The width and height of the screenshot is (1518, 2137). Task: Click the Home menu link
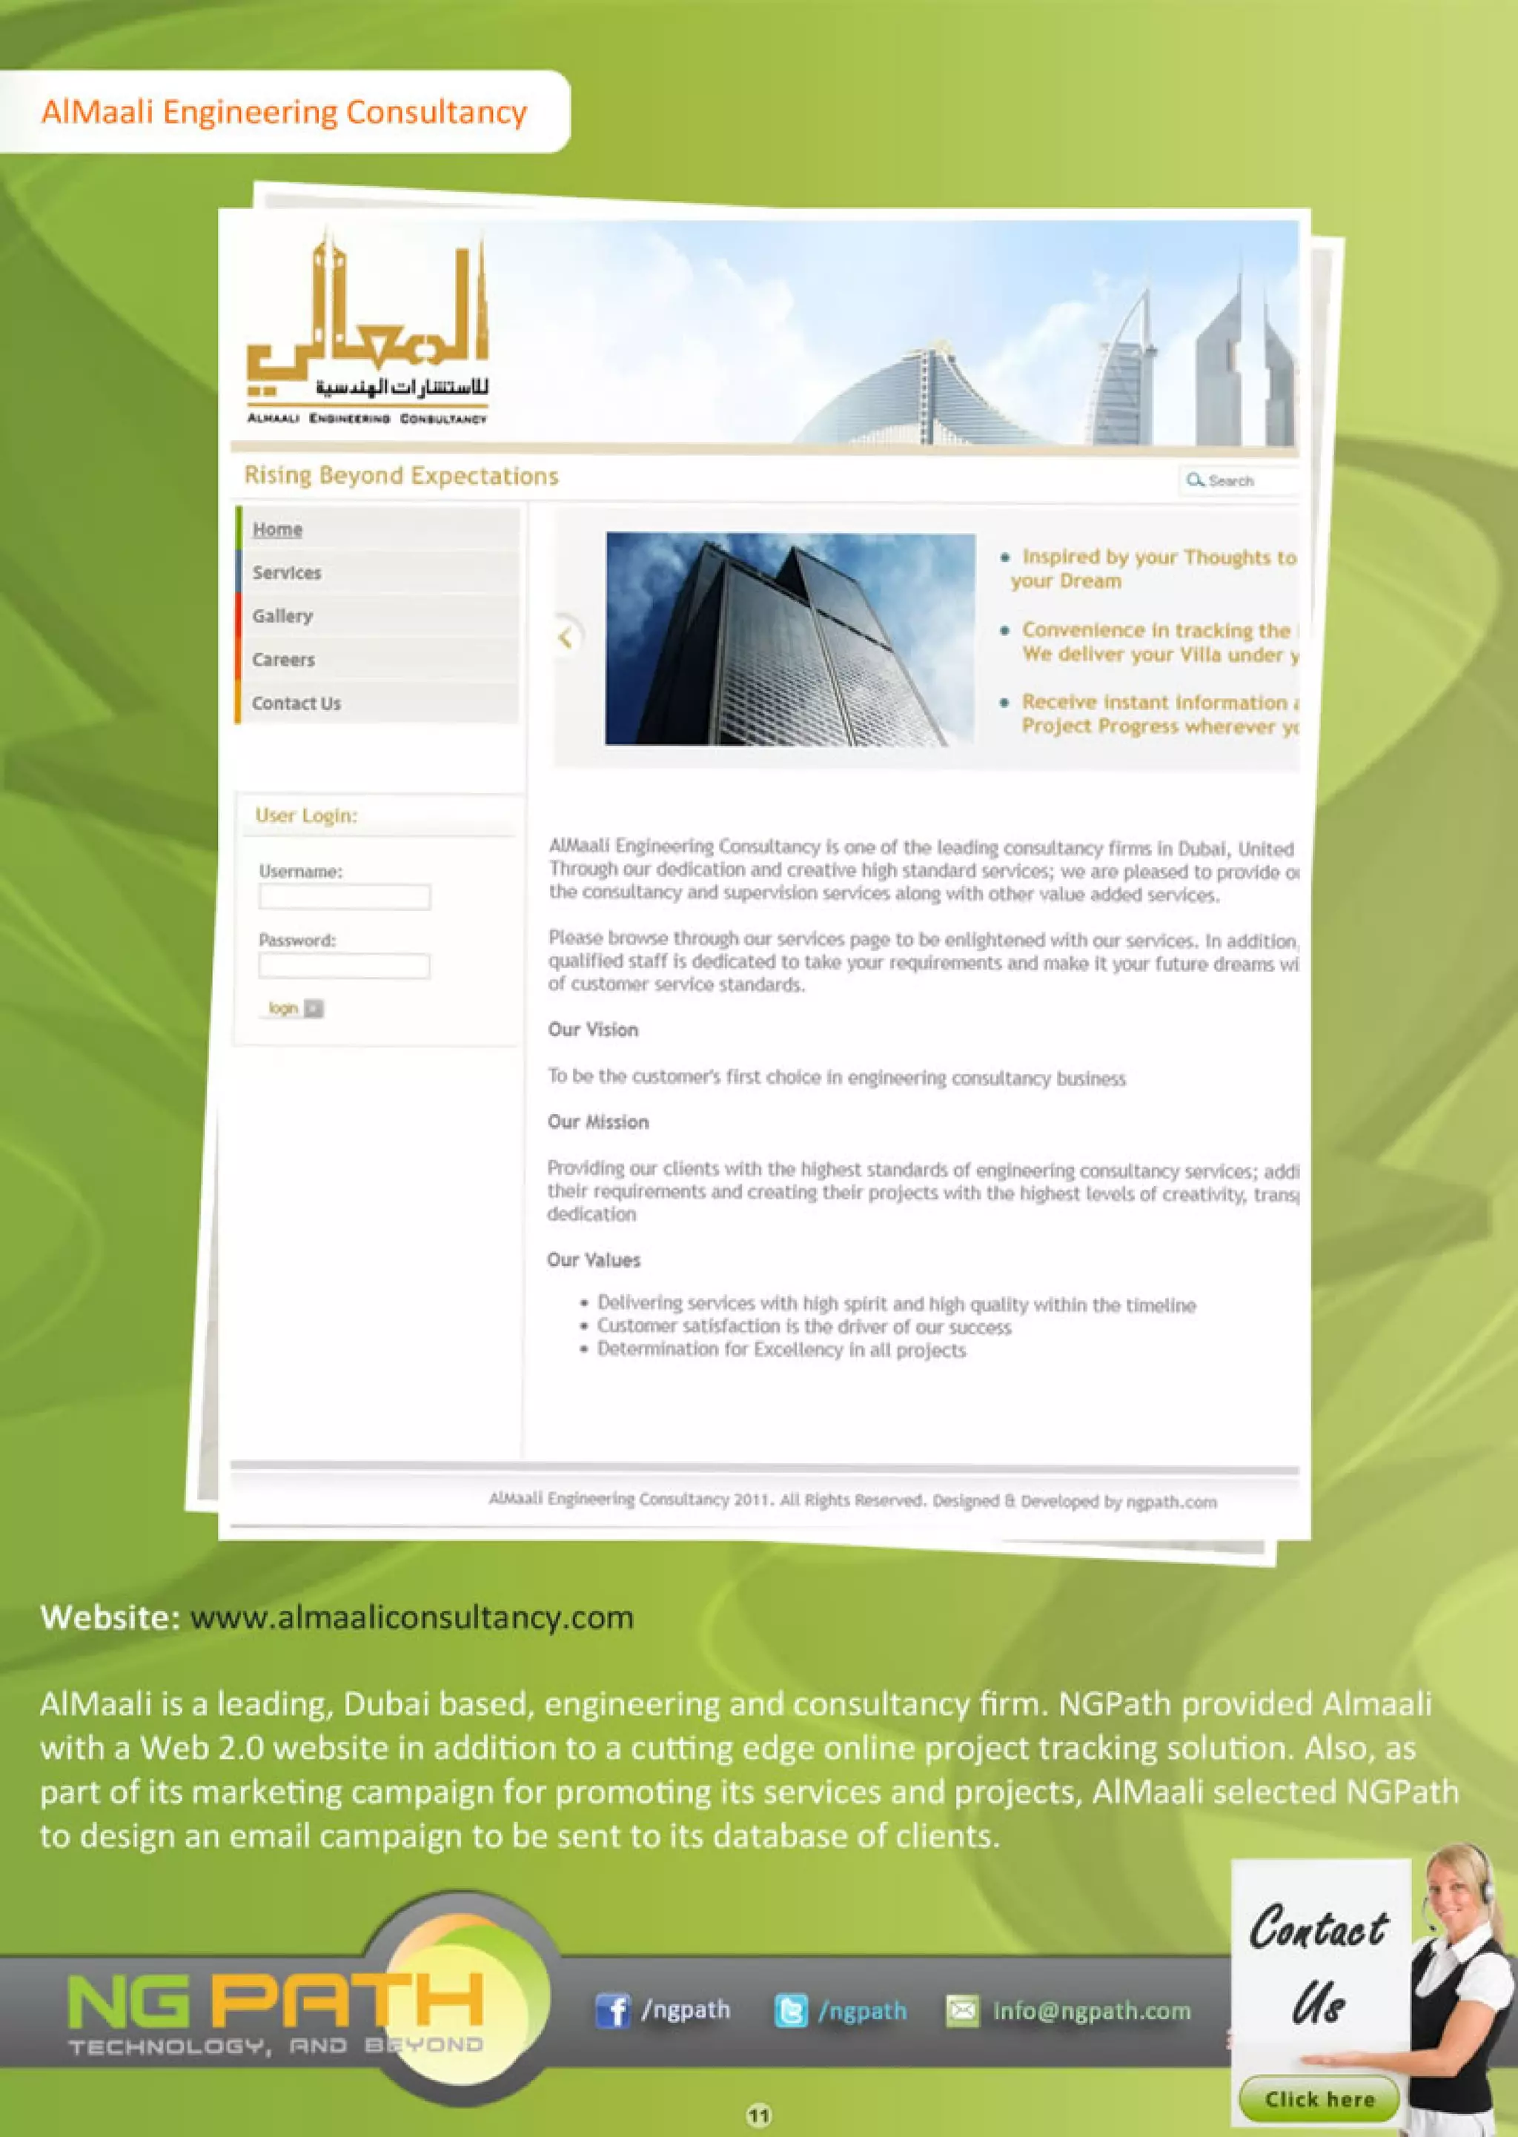click(278, 529)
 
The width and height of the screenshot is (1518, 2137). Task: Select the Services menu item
click(286, 573)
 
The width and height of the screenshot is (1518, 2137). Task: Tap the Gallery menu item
click(282, 616)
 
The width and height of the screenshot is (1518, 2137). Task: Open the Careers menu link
click(283, 660)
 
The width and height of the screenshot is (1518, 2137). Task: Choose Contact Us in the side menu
click(296, 703)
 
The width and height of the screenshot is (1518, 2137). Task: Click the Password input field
click(344, 966)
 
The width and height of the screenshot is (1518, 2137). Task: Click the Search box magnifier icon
click(1195, 480)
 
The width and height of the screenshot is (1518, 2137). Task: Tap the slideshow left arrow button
click(565, 637)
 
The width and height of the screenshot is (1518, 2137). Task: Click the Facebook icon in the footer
click(612, 2010)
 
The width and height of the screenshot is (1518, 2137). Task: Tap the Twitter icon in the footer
click(791, 2010)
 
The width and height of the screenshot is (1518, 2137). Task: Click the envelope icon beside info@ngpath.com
click(963, 2010)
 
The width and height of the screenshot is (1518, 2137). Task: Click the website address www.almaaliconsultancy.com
click(411, 1617)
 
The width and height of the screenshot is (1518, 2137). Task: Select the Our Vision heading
click(593, 1030)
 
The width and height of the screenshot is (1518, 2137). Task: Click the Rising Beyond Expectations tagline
click(401, 476)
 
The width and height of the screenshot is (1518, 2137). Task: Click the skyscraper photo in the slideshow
click(790, 638)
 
